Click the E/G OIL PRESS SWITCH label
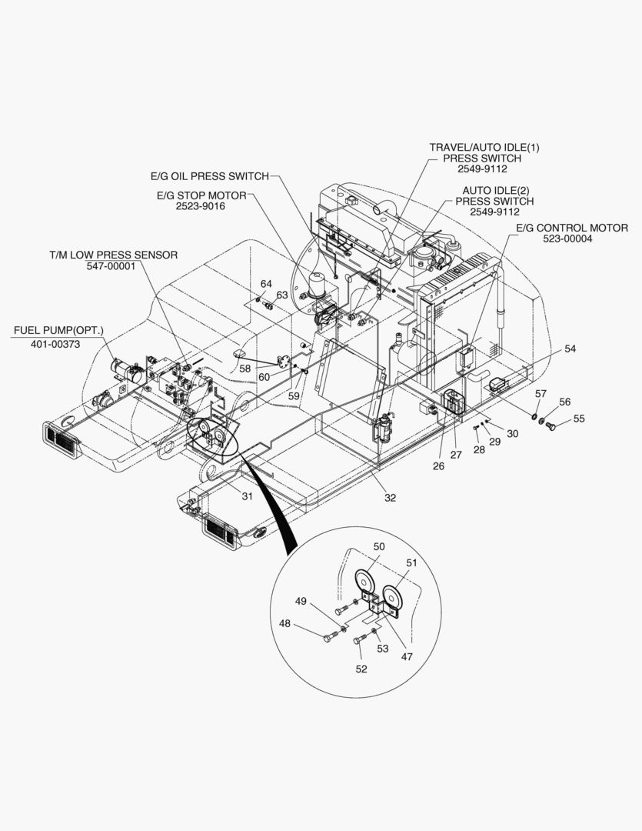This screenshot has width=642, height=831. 209,176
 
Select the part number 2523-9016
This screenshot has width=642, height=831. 201,206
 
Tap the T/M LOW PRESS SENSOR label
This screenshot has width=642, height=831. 113,255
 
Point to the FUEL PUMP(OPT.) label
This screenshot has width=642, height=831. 58,331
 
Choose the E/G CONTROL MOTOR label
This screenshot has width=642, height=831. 571,228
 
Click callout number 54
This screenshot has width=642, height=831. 570,349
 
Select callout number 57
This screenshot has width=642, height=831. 541,394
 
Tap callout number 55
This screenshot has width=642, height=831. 579,419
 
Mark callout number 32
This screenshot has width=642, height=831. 391,497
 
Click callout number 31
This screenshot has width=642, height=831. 247,496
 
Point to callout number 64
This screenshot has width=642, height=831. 266,284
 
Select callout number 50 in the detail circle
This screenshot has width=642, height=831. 379,546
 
